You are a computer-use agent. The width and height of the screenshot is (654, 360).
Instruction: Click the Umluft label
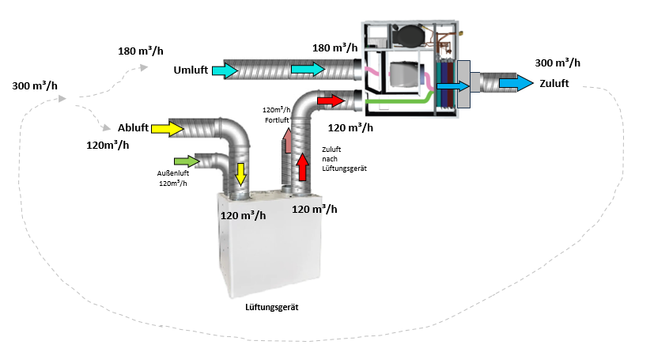pos(191,70)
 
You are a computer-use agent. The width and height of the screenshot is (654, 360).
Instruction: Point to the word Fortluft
pos(274,119)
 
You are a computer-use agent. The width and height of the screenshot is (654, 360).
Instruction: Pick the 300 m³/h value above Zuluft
pos(558,63)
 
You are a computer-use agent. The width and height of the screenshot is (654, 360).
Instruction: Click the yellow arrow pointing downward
pos(240,171)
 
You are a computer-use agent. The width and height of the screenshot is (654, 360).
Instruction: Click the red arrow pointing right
pos(331,101)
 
